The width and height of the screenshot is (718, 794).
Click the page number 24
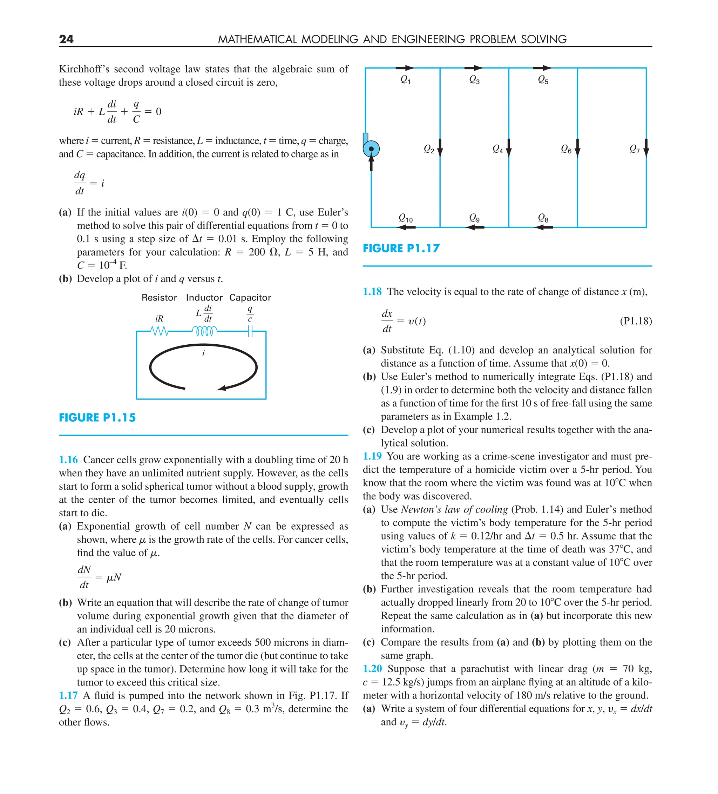(x=66, y=39)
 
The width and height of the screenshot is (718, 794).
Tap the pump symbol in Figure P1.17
(x=371, y=149)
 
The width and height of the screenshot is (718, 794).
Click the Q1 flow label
(x=405, y=80)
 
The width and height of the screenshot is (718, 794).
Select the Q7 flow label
(x=634, y=149)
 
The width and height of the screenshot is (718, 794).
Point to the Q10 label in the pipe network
(x=405, y=218)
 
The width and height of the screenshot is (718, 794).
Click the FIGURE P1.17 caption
(x=401, y=248)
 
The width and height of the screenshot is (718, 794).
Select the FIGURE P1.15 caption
(x=97, y=417)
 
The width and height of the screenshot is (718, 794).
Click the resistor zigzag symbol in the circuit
(x=159, y=331)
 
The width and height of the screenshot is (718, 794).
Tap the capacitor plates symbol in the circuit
(x=250, y=332)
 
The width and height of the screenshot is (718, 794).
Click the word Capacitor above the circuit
(x=250, y=297)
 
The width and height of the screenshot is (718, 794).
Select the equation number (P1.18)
(x=635, y=321)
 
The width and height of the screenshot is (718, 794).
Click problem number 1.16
(x=68, y=459)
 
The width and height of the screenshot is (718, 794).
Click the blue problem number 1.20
(x=372, y=669)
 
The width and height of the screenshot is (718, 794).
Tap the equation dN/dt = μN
(x=99, y=577)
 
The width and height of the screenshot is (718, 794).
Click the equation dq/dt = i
(x=89, y=183)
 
